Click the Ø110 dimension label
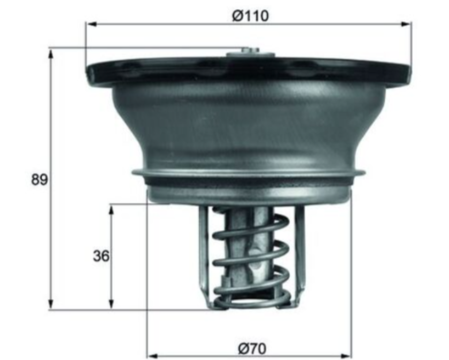250,16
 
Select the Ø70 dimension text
250,349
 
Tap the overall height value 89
38,180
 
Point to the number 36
100,256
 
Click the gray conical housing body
249,126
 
